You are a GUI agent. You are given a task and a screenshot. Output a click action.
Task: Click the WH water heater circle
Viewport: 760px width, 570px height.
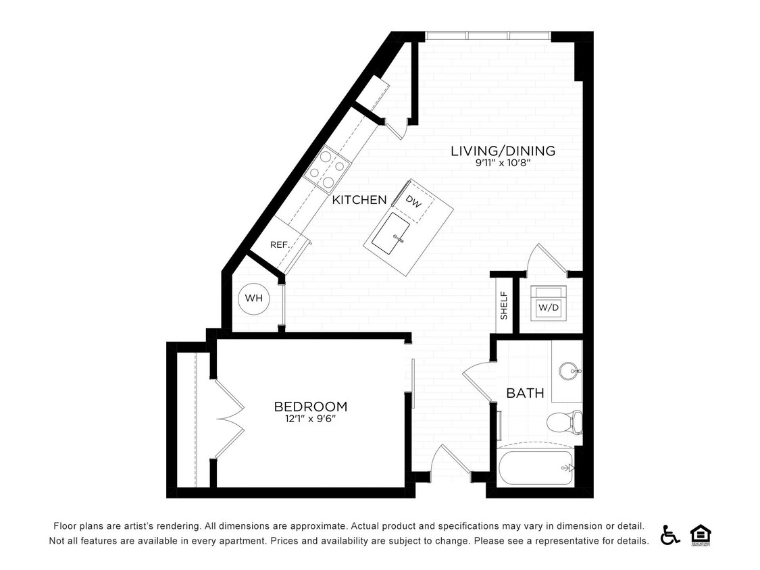pyautogui.click(x=253, y=299)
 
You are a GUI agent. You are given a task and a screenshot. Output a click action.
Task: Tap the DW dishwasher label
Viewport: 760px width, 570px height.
pyautogui.click(x=413, y=201)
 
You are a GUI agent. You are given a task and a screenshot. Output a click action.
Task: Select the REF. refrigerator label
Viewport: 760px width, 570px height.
pyautogui.click(x=280, y=244)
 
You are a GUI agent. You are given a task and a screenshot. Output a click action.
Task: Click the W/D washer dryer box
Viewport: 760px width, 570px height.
pyautogui.click(x=549, y=308)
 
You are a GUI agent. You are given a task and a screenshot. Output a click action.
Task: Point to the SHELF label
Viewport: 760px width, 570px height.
pyautogui.click(x=504, y=306)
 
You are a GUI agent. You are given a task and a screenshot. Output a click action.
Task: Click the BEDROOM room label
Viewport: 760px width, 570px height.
pyautogui.click(x=310, y=407)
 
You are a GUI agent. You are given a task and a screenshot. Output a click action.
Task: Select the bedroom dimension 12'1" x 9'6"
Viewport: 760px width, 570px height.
pyautogui.click(x=310, y=419)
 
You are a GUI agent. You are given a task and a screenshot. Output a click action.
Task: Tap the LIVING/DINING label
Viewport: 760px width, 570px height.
pyautogui.click(x=503, y=151)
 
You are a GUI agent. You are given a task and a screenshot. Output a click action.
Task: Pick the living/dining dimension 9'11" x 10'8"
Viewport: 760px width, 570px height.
pyautogui.click(x=503, y=163)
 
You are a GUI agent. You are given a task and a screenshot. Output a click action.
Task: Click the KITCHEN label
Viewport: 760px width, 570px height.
pyautogui.click(x=359, y=200)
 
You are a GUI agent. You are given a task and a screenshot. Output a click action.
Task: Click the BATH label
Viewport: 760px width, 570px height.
pyautogui.click(x=525, y=393)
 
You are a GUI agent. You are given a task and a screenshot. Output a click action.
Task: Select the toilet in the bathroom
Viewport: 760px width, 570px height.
pyautogui.click(x=563, y=423)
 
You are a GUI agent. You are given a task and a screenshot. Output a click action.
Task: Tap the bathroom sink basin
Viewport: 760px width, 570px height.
pyautogui.click(x=567, y=371)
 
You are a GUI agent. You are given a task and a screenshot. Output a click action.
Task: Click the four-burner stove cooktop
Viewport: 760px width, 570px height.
pyautogui.click(x=326, y=169)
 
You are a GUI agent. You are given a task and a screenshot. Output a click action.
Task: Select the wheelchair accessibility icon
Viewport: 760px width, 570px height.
pyautogui.click(x=669, y=534)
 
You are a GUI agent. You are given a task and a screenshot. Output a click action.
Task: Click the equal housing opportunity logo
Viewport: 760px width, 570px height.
pyautogui.click(x=700, y=534)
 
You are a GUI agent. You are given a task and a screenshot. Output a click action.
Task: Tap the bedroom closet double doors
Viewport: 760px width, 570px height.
pyautogui.click(x=228, y=419)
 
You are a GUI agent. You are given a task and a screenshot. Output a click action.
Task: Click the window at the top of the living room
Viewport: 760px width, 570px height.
pyautogui.click(x=488, y=36)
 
